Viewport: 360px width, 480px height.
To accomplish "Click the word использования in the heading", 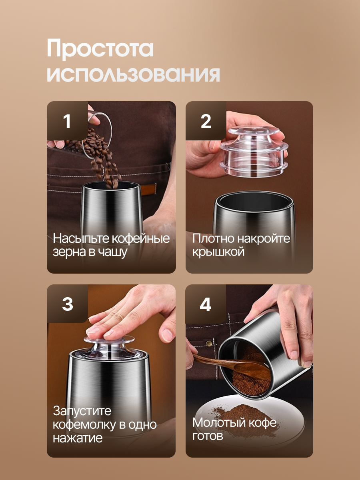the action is [x=133, y=74].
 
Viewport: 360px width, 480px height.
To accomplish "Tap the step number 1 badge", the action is [x=67, y=121].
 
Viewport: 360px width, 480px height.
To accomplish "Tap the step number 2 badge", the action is [x=206, y=121].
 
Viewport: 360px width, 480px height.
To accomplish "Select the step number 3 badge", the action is [x=67, y=304].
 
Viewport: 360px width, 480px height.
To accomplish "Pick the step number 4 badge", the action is [x=206, y=304].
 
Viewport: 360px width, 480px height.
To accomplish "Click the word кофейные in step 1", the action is [x=141, y=238].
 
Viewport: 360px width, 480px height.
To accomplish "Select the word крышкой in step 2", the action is [x=218, y=252].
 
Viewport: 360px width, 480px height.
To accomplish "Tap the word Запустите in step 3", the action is [x=82, y=411].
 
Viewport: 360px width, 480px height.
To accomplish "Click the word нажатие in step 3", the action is [x=78, y=438].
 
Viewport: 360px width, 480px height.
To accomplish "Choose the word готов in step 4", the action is [x=208, y=436].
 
